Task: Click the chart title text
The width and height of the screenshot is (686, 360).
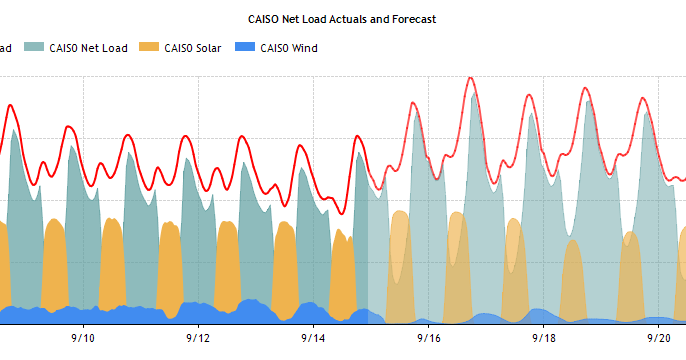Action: point(342,19)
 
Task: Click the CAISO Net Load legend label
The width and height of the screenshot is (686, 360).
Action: point(89,47)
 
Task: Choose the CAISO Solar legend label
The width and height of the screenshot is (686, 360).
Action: point(193,47)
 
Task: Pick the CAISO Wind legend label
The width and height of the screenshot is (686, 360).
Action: point(288,47)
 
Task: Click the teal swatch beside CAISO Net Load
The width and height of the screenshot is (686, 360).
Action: point(34,47)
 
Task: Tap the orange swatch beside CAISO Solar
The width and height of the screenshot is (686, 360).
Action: point(148,47)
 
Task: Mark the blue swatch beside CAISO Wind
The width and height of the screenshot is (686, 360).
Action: point(244,47)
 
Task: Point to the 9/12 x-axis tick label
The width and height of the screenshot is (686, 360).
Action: point(198,338)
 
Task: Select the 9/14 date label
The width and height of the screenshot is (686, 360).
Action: point(313,338)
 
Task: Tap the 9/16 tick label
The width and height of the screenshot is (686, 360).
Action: point(428,338)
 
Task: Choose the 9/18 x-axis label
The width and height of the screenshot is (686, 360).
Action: point(543,338)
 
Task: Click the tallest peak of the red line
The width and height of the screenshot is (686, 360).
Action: point(471,78)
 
